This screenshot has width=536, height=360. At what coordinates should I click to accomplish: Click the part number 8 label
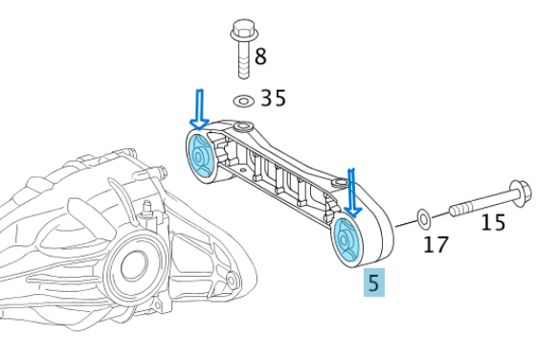[x=261, y=55]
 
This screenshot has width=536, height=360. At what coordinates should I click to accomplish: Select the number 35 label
[x=273, y=99]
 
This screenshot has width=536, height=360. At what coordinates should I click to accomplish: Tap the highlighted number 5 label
[x=373, y=282]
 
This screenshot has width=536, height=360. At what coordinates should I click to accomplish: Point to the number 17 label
[x=435, y=245]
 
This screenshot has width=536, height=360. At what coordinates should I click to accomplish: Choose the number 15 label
[x=492, y=223]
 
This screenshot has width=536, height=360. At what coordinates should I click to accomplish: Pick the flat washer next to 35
[x=244, y=100]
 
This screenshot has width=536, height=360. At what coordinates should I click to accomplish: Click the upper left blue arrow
[x=199, y=108]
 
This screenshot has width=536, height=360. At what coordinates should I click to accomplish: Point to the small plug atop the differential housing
[x=146, y=209]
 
